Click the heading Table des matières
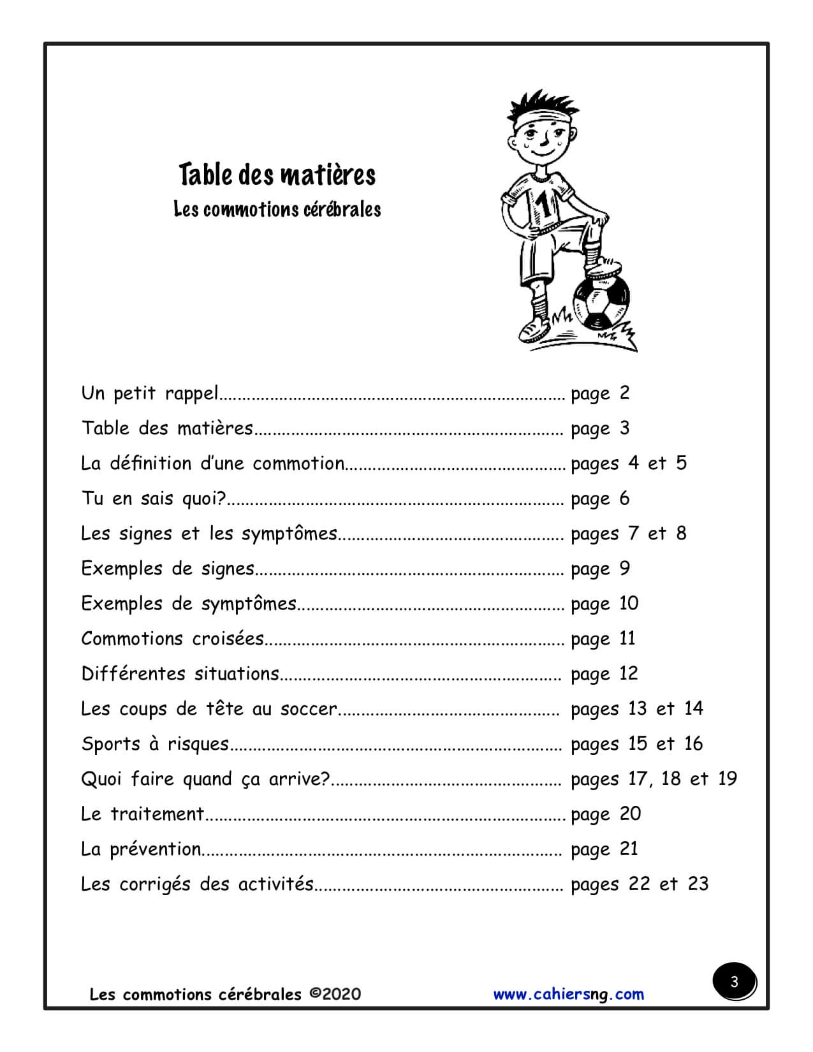tap(277, 175)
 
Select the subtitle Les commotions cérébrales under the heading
tap(277, 210)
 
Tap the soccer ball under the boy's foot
tap(601, 303)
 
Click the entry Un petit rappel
tap(150, 393)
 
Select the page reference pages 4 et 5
tap(629, 464)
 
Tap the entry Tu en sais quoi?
tap(154, 498)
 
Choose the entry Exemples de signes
tap(168, 568)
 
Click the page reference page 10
tap(604, 604)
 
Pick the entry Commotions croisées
tap(172, 639)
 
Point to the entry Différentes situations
tap(180, 674)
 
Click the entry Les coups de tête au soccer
tap(209, 709)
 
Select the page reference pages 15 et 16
tap(636, 744)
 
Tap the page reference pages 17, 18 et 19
tap(654, 779)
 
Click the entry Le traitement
tap(142, 814)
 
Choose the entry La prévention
tap(141, 849)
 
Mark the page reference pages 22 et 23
tap(640, 884)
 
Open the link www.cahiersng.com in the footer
tap(568, 994)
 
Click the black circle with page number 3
tap(734, 982)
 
